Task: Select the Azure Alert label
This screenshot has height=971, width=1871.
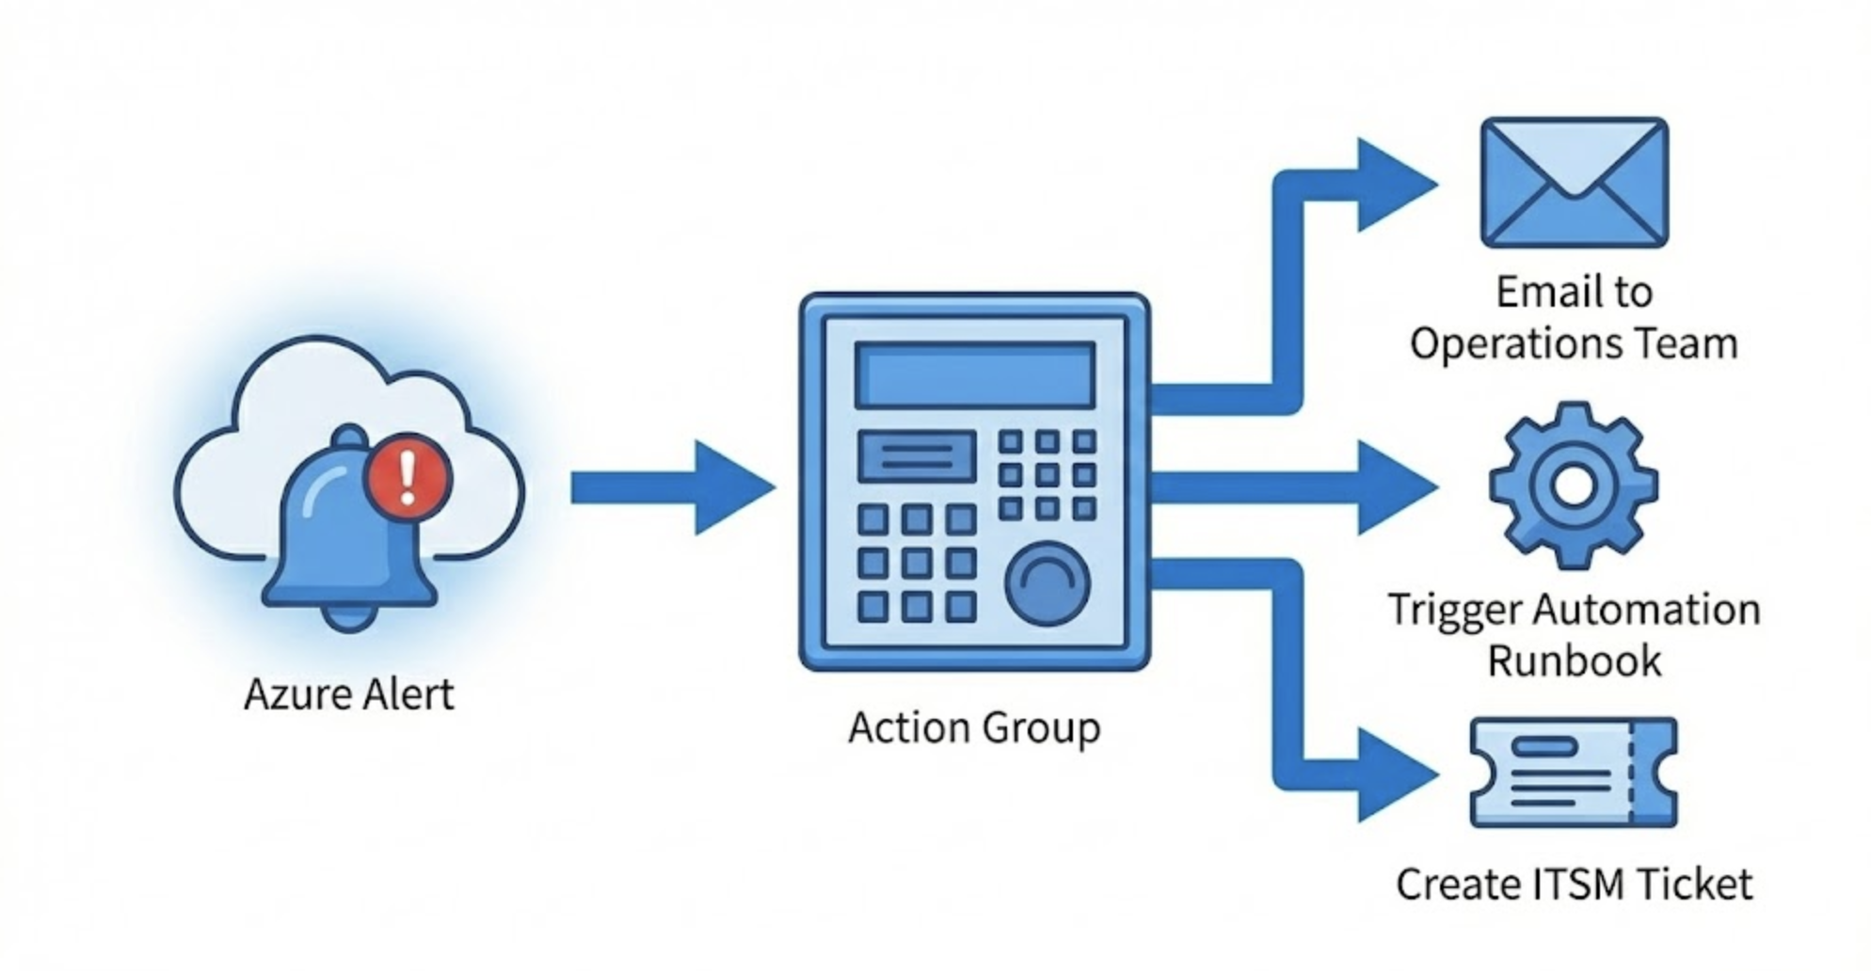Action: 348,695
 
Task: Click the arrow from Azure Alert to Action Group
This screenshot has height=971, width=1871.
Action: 673,487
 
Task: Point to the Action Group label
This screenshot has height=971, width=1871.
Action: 974,728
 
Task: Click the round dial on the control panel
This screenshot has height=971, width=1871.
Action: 1047,583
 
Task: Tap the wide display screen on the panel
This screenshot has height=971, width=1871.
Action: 974,374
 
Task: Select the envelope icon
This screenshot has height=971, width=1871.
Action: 1574,183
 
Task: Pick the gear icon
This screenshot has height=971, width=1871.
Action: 1574,485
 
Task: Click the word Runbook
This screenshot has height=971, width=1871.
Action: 1574,661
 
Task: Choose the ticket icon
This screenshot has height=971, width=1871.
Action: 1574,773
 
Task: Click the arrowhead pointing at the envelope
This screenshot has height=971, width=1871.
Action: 1393,184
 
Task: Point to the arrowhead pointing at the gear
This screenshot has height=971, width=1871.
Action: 1393,487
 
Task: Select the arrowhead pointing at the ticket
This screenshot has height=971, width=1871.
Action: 1393,775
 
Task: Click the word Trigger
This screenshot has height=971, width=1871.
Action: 1454,610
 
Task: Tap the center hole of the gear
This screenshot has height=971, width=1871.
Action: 1574,485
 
